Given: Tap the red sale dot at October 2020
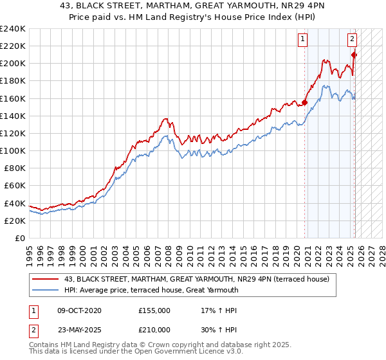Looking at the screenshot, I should (x=305, y=102).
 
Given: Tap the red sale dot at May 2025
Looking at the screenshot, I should (x=354, y=55).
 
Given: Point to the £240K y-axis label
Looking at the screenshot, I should (x=12, y=29).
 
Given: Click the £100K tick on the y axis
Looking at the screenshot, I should (x=12, y=150).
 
